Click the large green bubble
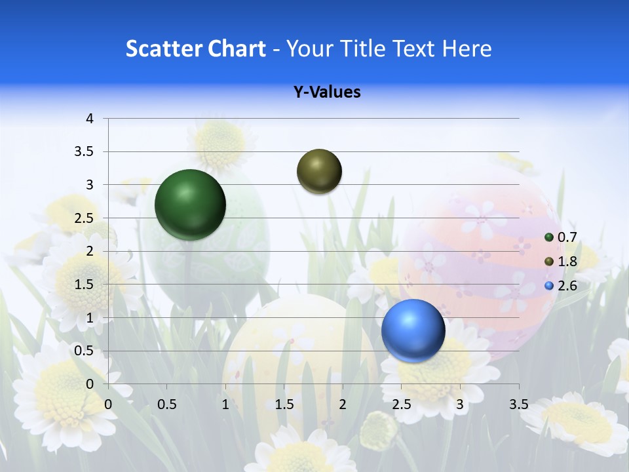[x=190, y=205]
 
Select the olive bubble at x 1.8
[x=319, y=171]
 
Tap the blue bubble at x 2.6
[x=413, y=330]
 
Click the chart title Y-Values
[x=326, y=92]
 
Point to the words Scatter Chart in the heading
[x=195, y=49]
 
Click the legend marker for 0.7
[x=549, y=237]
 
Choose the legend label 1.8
[x=567, y=262]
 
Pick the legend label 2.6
[x=567, y=286]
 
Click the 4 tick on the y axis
[x=90, y=119]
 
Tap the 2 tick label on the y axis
[x=90, y=251]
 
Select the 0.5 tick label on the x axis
[x=167, y=404]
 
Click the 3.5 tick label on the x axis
[x=518, y=404]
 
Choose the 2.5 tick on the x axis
[x=401, y=404]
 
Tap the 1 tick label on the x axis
[x=225, y=404]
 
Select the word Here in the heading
[x=467, y=49]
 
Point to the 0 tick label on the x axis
[x=108, y=404]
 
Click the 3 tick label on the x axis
[x=460, y=404]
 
